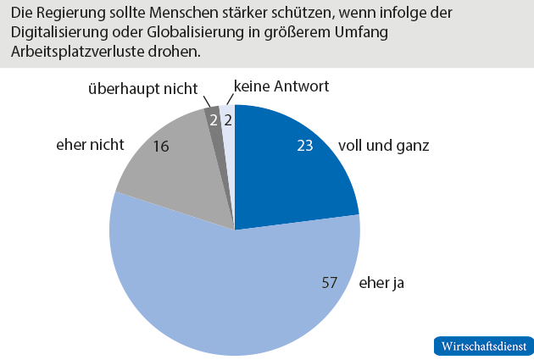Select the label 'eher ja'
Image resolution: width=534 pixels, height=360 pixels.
382,283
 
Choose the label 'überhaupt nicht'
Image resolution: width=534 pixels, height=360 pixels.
143,88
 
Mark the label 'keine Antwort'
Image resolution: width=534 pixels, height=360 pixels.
280,86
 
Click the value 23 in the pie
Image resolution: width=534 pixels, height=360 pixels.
305,145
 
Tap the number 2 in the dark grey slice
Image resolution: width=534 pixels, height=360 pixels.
213,120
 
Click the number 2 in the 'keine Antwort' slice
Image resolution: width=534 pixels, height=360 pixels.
229,120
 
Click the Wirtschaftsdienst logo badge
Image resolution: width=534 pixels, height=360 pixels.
483,346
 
